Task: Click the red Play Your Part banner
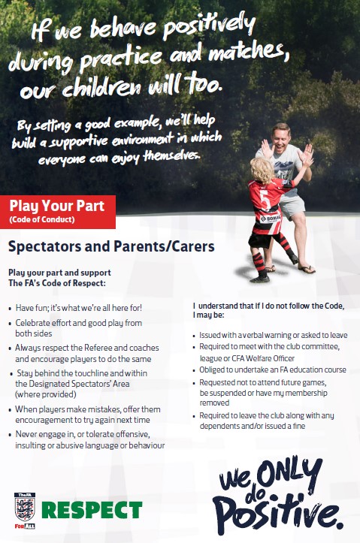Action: point(58,212)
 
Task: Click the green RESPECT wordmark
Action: point(92,510)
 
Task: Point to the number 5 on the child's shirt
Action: point(265,200)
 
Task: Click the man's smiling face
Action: point(280,137)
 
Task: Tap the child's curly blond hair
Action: point(262,170)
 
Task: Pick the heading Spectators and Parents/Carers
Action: point(111,246)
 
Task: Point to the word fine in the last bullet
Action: point(298,426)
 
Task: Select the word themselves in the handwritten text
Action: point(172,155)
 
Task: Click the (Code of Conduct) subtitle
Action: point(42,219)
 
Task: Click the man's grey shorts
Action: point(292,207)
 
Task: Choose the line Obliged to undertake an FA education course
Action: point(273,370)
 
